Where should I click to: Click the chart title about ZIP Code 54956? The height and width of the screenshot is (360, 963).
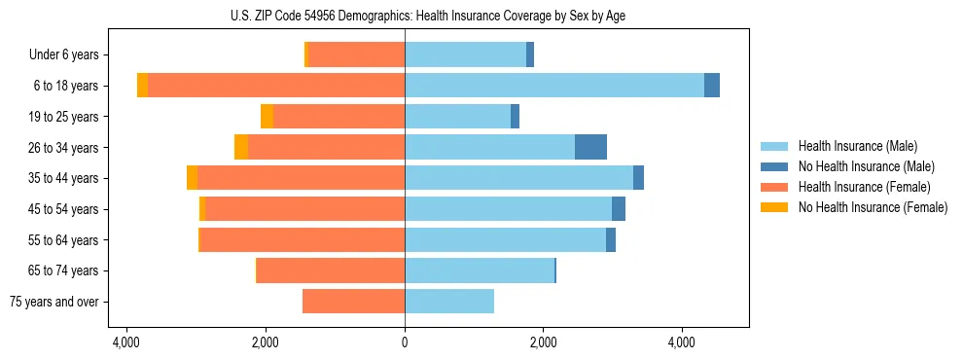[x=434, y=15]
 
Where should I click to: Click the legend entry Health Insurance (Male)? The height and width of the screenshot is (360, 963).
[x=857, y=146]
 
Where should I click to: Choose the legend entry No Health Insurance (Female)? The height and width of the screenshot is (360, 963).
[x=873, y=207]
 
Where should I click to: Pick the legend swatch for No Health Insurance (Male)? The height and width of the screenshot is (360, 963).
[x=775, y=166]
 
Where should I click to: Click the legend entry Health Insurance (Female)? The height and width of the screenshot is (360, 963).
[x=864, y=187]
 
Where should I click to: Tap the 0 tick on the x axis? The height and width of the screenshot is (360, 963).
[x=405, y=343]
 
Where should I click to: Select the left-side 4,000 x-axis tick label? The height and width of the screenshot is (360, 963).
[x=126, y=343]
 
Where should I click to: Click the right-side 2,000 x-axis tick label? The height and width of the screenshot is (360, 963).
[x=543, y=343]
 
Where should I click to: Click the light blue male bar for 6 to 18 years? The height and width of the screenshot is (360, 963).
[x=554, y=86]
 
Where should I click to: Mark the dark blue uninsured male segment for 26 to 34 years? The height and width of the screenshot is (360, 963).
[x=590, y=147]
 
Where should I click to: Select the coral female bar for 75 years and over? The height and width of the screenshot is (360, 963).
[x=353, y=302]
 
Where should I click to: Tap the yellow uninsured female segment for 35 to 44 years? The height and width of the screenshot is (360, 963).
[x=193, y=178]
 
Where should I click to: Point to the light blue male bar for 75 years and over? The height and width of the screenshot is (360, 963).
[x=449, y=302]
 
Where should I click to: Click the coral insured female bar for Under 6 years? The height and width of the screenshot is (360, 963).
[x=356, y=55]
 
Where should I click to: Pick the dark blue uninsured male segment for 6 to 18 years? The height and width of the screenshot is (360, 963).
[x=712, y=86]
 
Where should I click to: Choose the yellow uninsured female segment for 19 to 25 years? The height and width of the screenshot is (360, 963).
[x=267, y=117]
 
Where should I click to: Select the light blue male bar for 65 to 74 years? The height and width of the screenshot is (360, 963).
[x=479, y=270]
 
